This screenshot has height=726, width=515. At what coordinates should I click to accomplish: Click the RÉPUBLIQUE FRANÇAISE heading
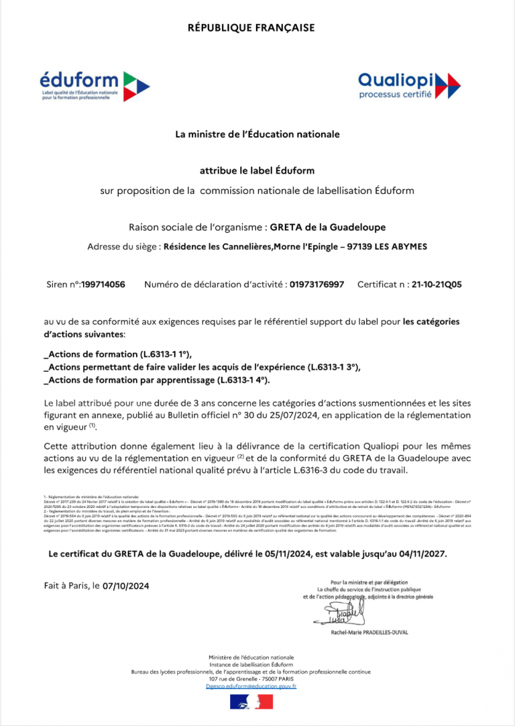pos(251,28)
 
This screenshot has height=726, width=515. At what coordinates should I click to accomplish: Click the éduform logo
pos(94,86)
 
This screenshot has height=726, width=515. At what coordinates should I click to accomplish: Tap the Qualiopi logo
pos(409,85)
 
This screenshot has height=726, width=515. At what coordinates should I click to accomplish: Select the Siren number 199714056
pos(103,284)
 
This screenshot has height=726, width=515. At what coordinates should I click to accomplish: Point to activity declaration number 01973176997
pos(317,284)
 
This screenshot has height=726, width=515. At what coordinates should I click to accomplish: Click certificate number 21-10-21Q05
pos(437,284)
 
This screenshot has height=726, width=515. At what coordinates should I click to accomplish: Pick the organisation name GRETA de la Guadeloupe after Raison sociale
pos(328,227)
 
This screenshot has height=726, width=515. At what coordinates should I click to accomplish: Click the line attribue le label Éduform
pos(257,170)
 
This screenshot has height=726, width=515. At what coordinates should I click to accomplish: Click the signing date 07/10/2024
pos(126,586)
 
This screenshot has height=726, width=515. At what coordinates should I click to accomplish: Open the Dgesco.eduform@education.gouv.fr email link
pos(251,686)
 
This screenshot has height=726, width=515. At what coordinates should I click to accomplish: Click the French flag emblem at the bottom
pos(251,703)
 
